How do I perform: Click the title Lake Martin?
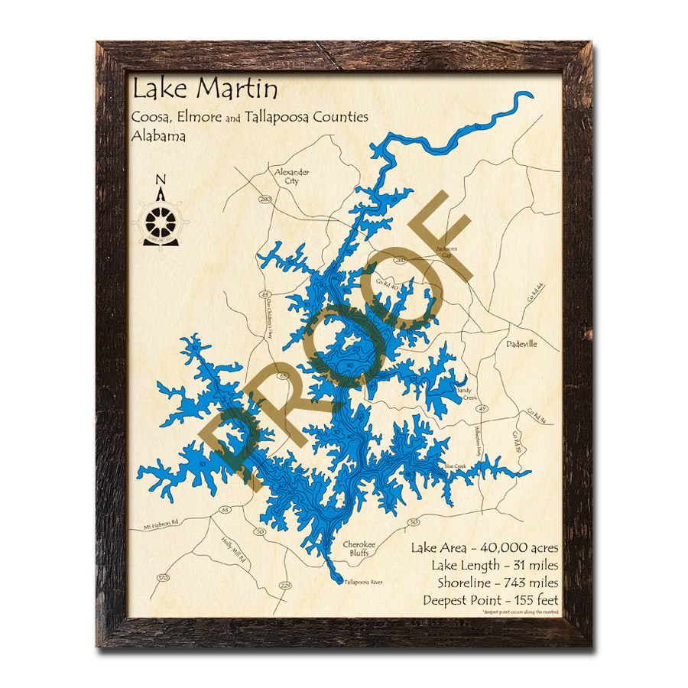tap(205, 89)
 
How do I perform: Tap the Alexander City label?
tap(292, 177)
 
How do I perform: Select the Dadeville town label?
tap(521, 344)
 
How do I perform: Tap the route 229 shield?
tap(286, 586)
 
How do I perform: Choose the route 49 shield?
tap(482, 410)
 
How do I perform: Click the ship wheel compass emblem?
tap(161, 220)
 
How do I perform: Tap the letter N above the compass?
tap(161, 180)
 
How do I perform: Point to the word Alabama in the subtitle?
tap(159, 135)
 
